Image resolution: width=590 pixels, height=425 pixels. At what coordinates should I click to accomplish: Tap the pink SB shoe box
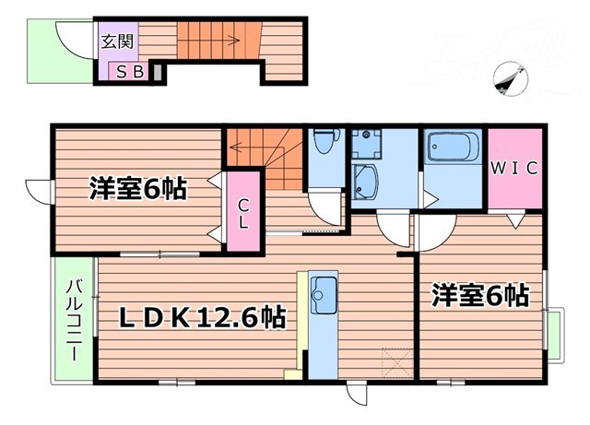pos(129,69)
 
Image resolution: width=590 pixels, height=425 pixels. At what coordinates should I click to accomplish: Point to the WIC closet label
pos(513,170)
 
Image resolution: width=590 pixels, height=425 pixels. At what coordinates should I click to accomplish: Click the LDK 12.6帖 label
pos(204,319)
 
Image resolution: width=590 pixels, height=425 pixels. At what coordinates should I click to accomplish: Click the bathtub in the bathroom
pos(452,148)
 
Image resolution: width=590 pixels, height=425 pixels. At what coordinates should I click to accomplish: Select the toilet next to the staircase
pos(323,142)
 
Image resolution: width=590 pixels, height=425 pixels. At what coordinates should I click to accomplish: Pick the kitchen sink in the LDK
pos(324,296)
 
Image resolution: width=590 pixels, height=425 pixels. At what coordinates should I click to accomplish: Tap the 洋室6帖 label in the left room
pos(137,190)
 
